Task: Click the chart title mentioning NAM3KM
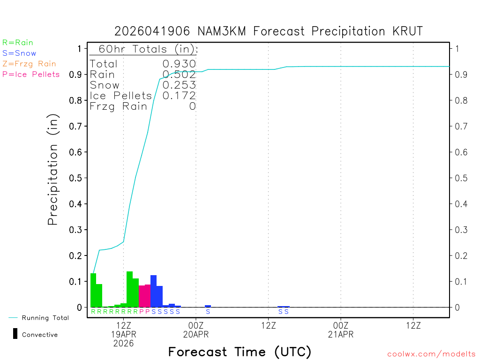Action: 269,31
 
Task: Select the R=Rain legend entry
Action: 18,43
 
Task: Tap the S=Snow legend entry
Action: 19,53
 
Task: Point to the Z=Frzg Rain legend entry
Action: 29,64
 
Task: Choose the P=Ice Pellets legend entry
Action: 31,74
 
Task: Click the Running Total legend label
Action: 45,318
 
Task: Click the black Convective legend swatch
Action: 15,334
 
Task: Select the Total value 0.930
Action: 179,64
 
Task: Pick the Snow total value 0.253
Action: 179,85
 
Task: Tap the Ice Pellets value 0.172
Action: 179,96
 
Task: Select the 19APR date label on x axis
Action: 123,335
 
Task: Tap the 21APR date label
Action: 340,335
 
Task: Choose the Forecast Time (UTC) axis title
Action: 240,352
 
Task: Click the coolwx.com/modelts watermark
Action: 432,354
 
